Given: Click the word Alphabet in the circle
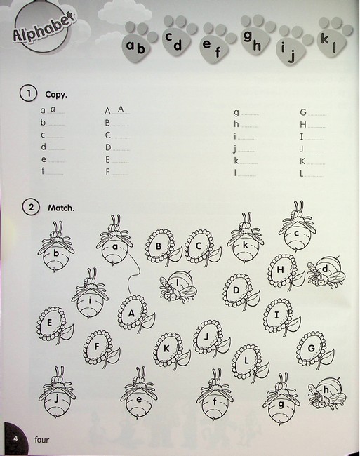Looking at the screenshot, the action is point(44,28).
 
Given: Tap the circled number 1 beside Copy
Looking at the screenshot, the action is point(29,93).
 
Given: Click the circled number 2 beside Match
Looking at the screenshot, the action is point(31,207).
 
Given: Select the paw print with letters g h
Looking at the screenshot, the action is point(257,34).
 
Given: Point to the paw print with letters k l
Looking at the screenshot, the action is point(335,36).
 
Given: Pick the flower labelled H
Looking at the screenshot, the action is point(286,272).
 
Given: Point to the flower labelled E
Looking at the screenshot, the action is point(54,325).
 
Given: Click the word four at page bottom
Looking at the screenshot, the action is point(42,439).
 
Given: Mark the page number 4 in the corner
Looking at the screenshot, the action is point(15,438).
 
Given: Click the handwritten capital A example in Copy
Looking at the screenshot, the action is point(121,109).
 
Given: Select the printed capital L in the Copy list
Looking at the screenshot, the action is point(302,173).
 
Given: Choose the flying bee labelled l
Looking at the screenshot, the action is point(178,286).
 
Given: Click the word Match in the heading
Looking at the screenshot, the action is point(61,208).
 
